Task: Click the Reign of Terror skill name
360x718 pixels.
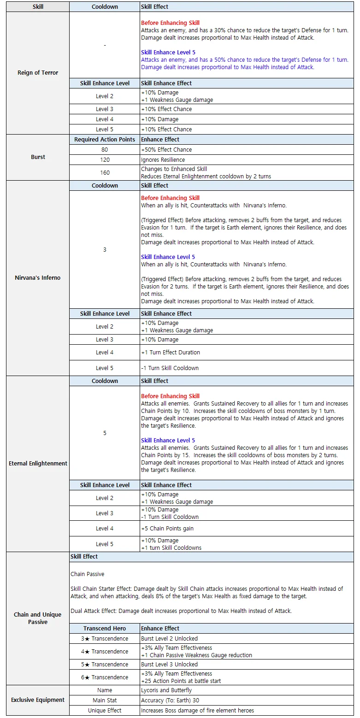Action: pos(38,73)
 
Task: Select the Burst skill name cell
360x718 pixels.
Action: pos(38,157)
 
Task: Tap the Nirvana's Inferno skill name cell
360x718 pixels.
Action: pos(38,278)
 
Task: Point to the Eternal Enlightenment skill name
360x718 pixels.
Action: pos(38,464)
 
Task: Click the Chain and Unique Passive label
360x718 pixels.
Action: pos(38,618)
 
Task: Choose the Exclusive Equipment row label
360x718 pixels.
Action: pos(38,700)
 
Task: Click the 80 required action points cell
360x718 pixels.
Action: pos(105,150)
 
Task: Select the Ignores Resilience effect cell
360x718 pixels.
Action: pos(247,160)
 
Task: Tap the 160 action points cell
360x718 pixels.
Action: pos(105,173)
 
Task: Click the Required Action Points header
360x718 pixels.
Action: pos(105,140)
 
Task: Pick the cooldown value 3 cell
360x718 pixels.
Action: pos(105,250)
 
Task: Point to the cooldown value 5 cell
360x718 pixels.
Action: pos(105,433)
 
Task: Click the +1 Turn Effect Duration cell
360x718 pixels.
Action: pos(247,353)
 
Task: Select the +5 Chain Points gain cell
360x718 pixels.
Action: pos(247,529)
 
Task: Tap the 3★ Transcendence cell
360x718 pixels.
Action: pos(105,639)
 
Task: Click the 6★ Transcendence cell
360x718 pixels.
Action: pos(105,677)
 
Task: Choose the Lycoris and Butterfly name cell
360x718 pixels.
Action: pos(247,690)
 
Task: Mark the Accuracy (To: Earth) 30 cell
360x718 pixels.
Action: pos(247,700)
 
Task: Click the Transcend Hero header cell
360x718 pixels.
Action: pos(105,629)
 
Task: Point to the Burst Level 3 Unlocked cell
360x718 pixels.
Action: pos(247,665)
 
